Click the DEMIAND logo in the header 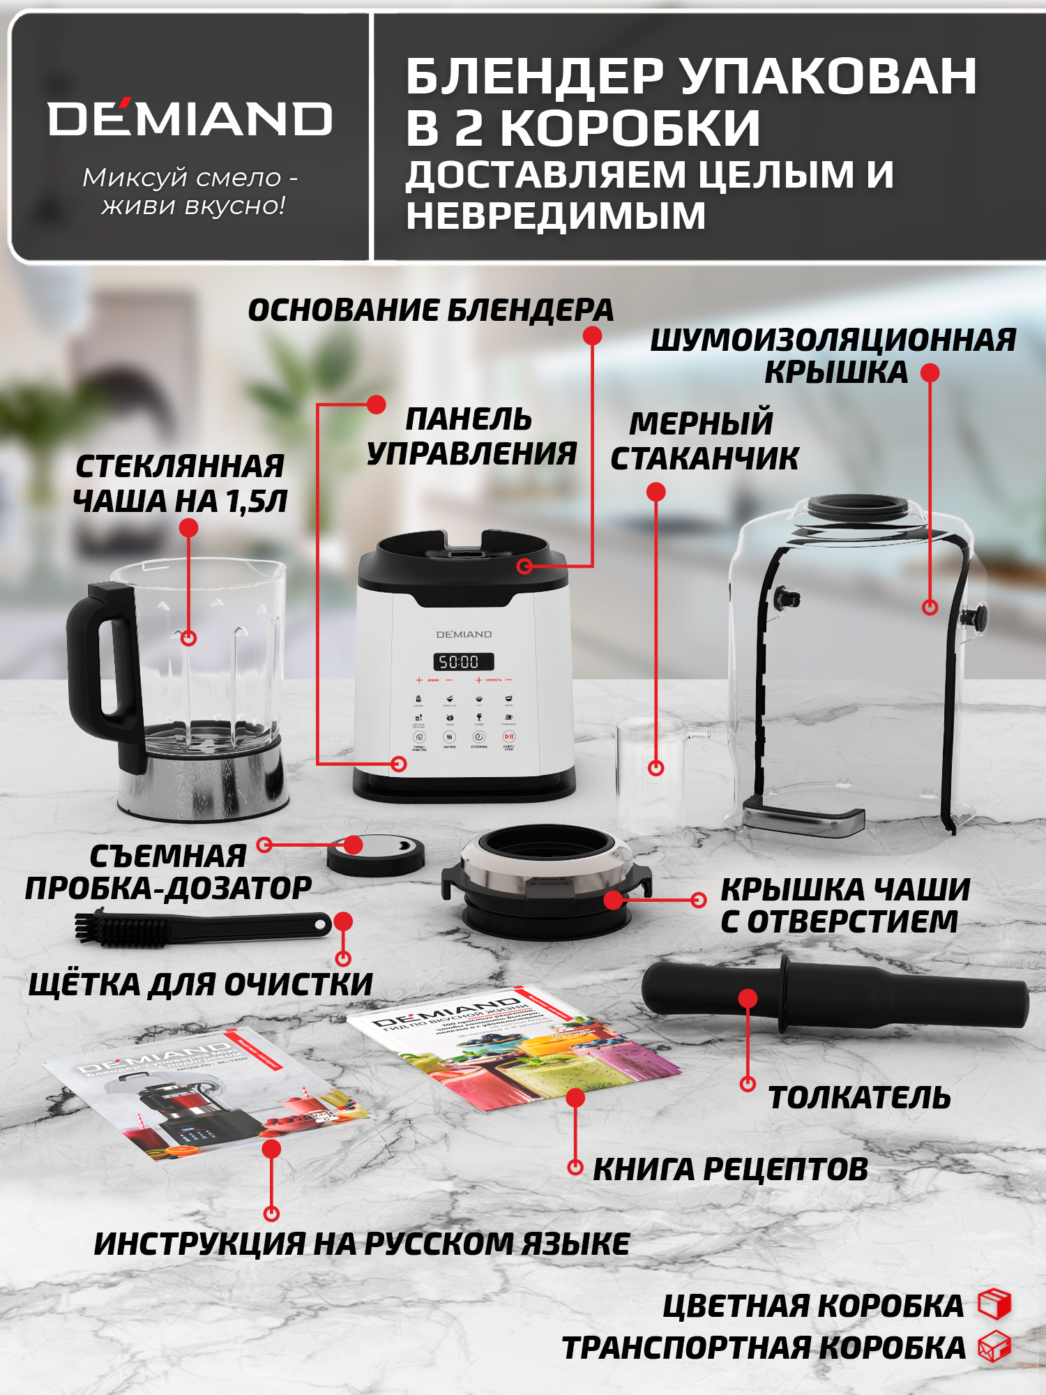(x=190, y=119)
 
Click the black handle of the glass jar (x=98, y=670)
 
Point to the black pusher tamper (x=837, y=994)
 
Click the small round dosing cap (x=375, y=856)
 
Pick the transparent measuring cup (x=652, y=771)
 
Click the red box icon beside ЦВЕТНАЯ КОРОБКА (x=994, y=1304)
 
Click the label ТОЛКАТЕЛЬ (x=859, y=1098)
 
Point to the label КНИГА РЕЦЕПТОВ (x=730, y=1170)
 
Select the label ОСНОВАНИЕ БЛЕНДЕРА (x=430, y=310)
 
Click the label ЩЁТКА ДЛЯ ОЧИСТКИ (x=201, y=984)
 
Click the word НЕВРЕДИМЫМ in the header (x=556, y=215)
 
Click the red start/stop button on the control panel (x=509, y=736)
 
